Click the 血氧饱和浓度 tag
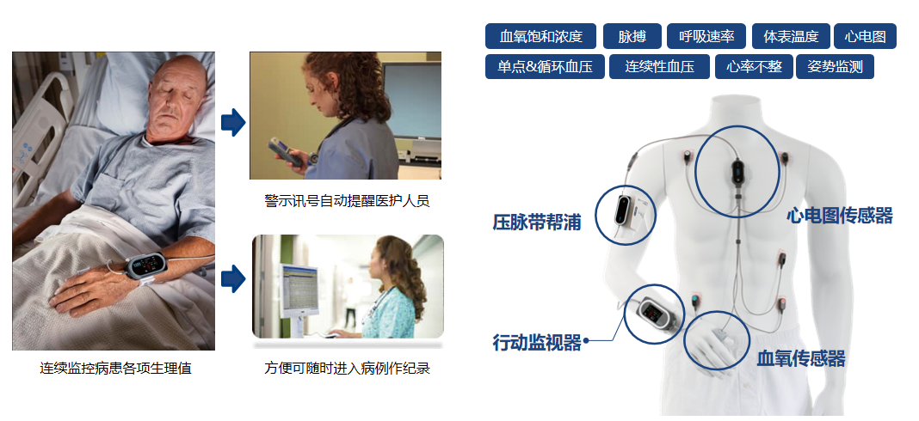coord(540,36)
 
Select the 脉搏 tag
coord(632,36)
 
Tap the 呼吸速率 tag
coord(706,36)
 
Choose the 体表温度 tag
coord(791,36)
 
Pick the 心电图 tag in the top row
coord(865,36)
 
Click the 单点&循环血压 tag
coord(545,67)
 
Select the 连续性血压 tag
coord(659,67)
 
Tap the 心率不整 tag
coord(754,67)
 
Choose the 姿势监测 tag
coord(835,67)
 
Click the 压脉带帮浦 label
coord(537,223)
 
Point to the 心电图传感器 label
coord(839,216)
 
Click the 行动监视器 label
coord(537,343)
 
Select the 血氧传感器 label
coord(800,358)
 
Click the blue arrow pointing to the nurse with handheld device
coord(233,122)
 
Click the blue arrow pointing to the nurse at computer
coord(233,278)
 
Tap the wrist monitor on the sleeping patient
coord(146,266)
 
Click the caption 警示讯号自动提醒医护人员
coord(347,201)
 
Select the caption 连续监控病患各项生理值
coord(115,369)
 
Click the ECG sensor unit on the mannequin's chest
coord(737,170)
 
